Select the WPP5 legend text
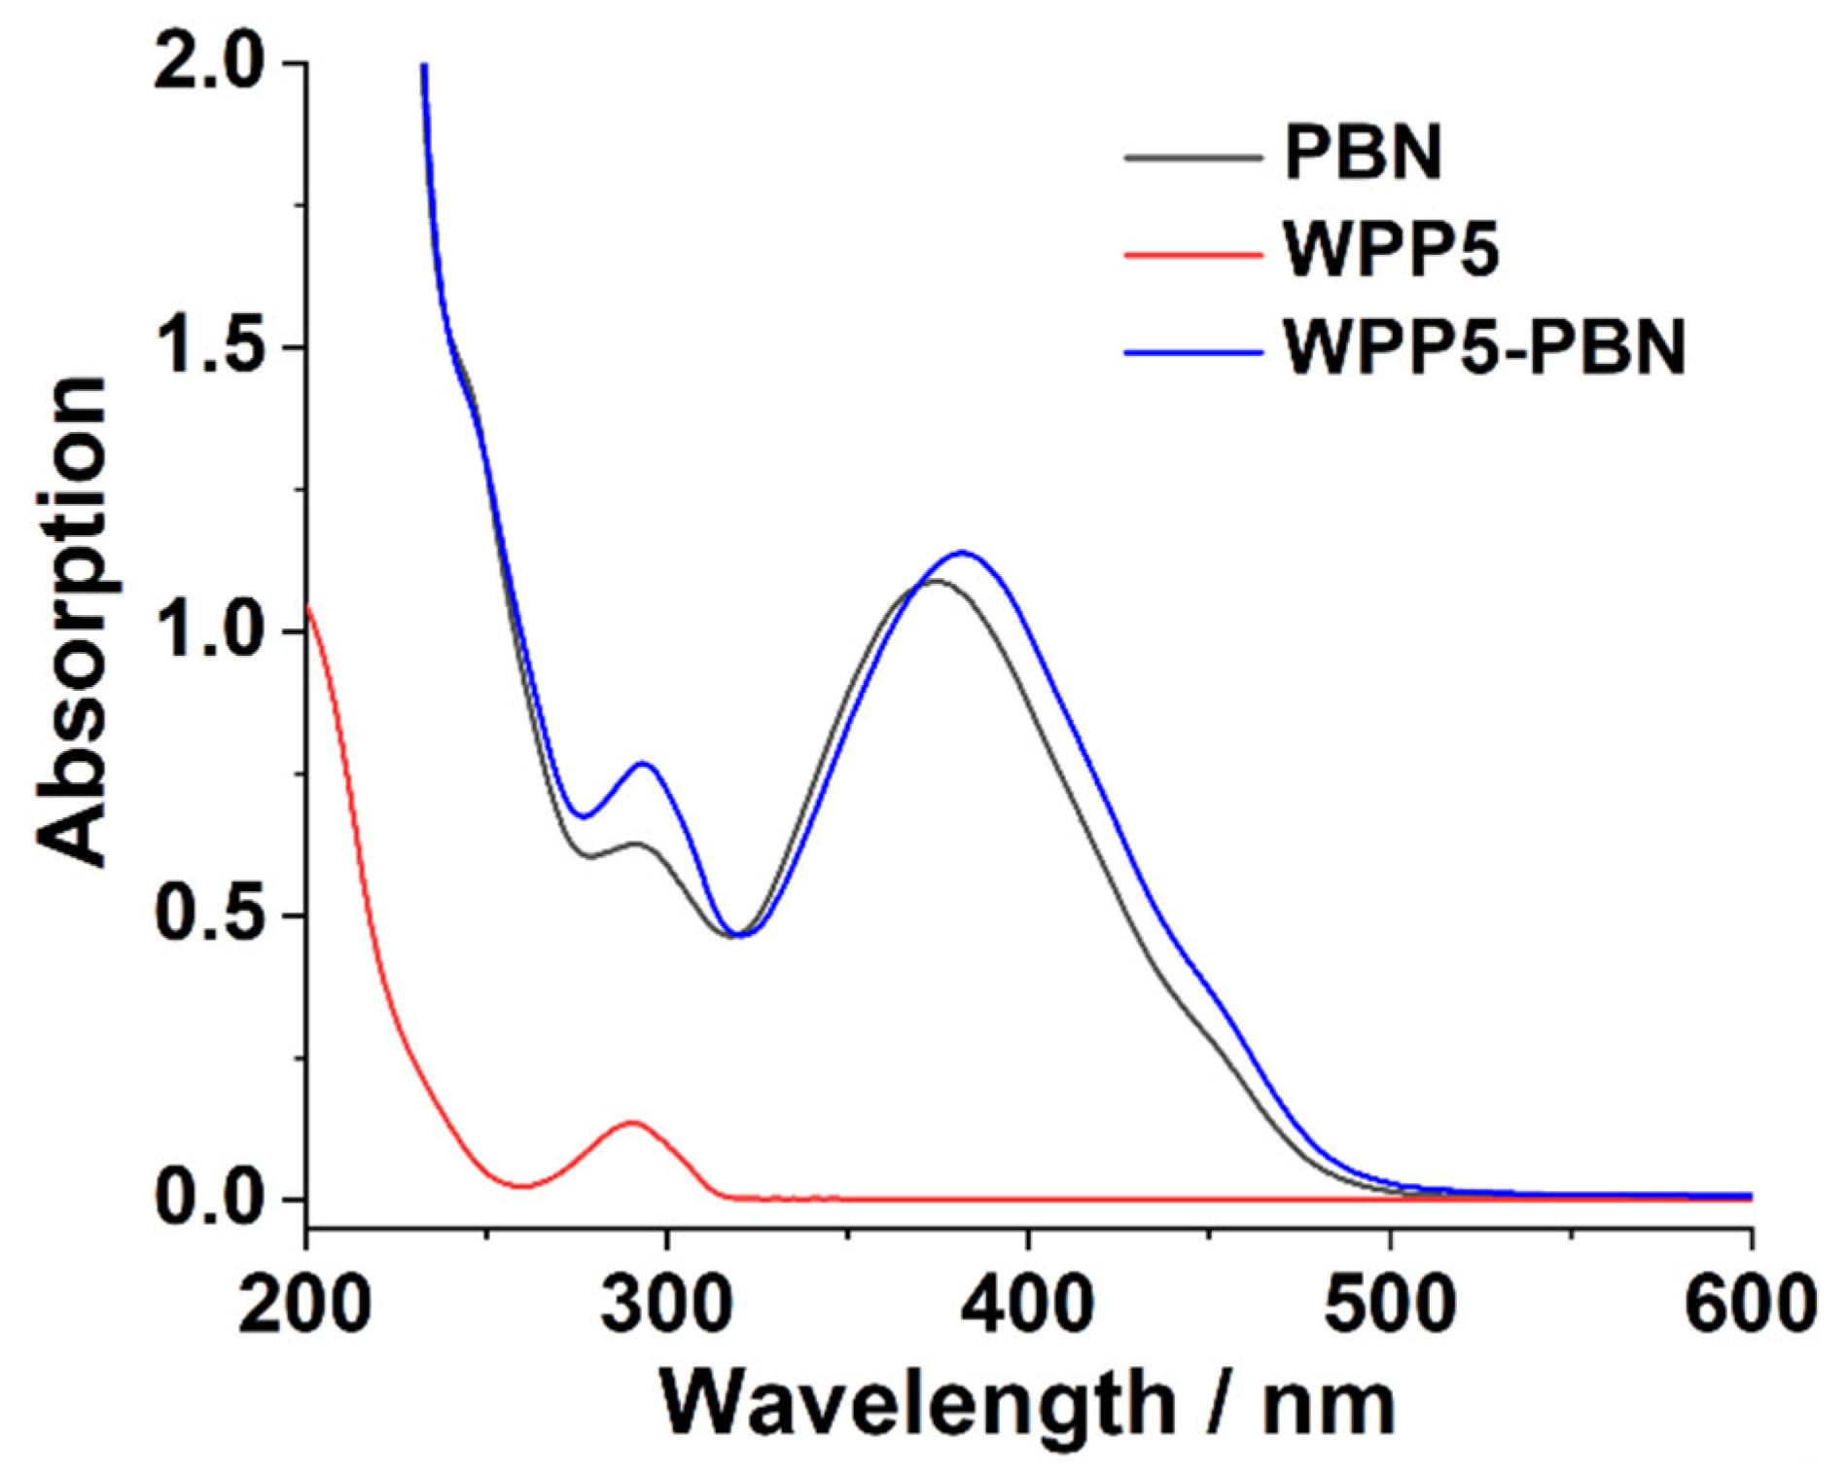pos(1391,251)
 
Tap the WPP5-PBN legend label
pos(1483,348)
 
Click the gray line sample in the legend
pos(1192,156)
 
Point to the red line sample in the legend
pos(1192,254)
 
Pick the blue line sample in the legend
pos(1192,351)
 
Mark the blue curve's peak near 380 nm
pos(962,552)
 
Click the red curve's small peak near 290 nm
pos(632,1122)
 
